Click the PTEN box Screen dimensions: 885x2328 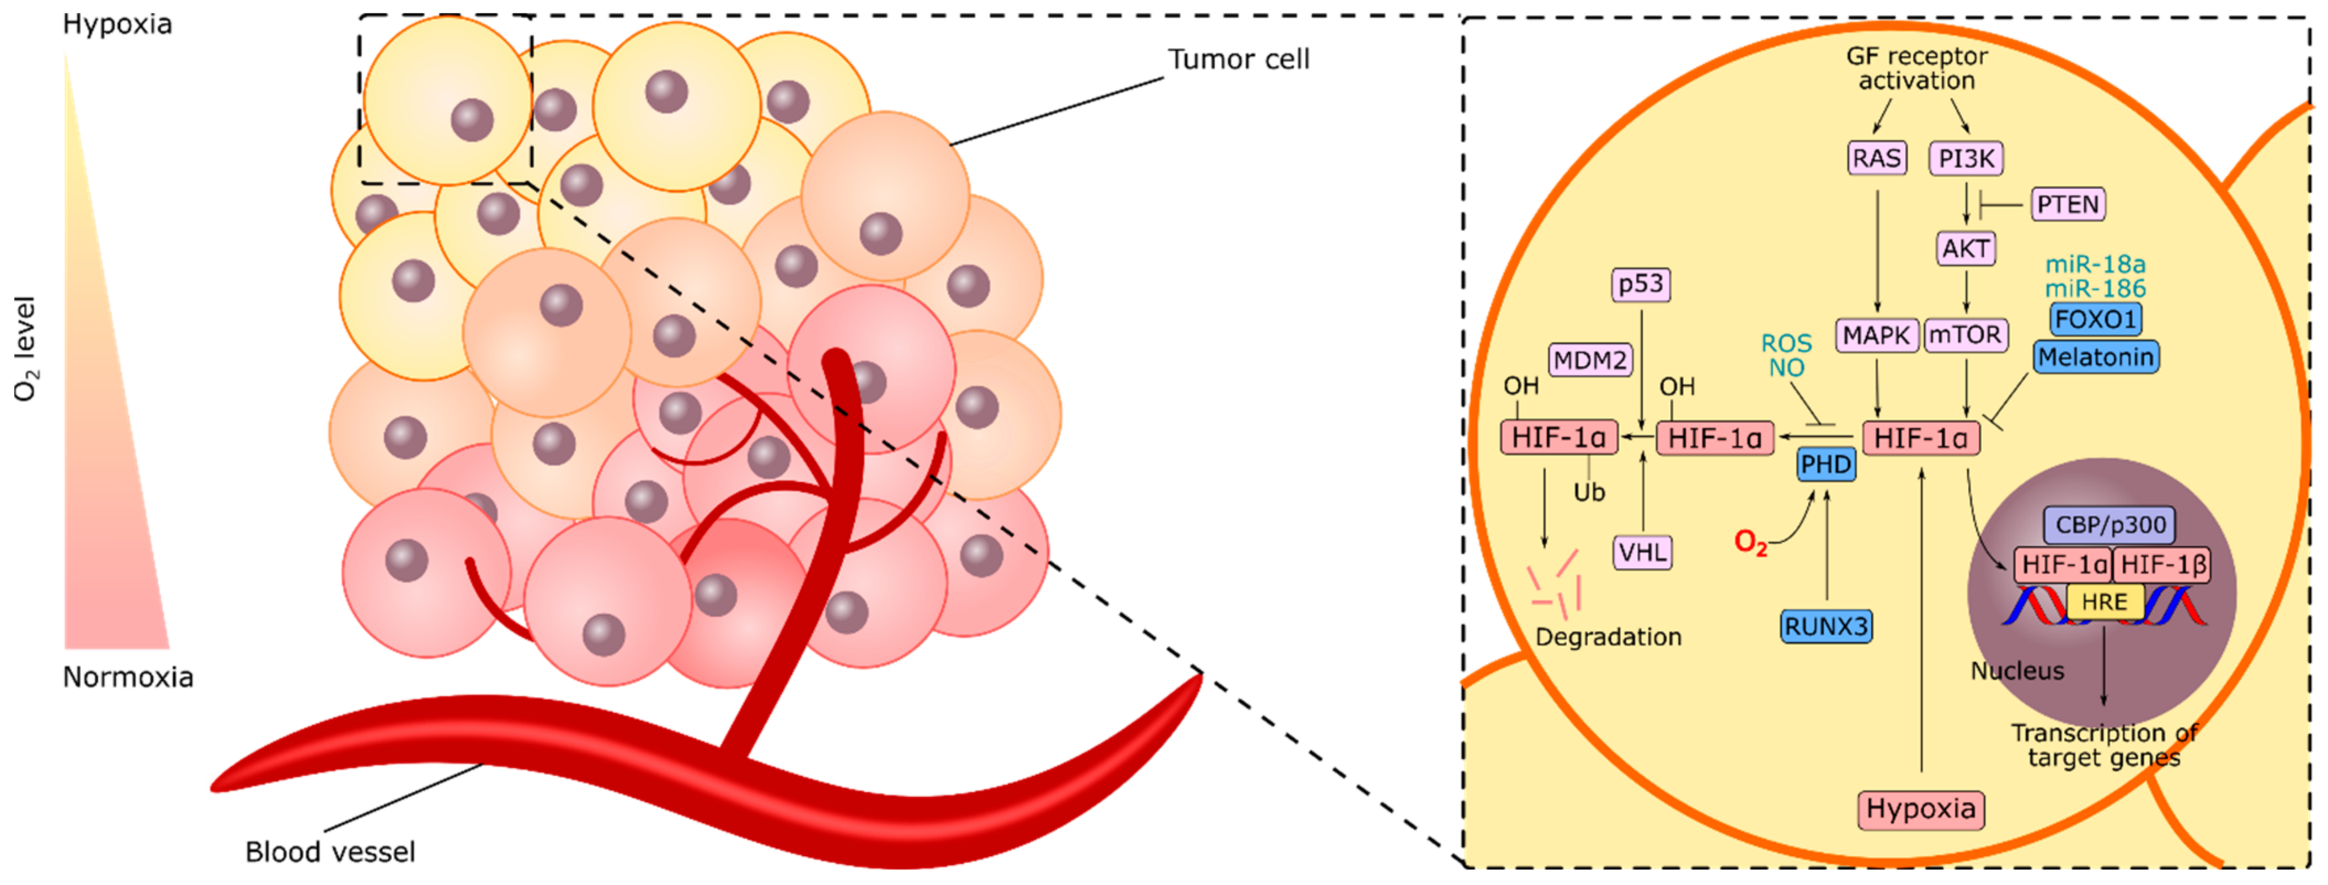coord(2068,204)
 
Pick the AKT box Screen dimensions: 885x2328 coord(1966,249)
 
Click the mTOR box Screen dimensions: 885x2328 coord(1966,335)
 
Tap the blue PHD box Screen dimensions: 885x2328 coord(1825,465)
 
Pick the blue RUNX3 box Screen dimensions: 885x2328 coord(1825,626)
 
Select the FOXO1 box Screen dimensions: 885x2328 coord(2095,319)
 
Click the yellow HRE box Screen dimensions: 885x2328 coord(2104,602)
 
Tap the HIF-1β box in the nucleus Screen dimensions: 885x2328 coord(2164,565)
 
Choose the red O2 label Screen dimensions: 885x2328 coord(1750,542)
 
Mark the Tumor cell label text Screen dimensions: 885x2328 coord(1238,60)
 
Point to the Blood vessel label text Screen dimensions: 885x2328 coord(330,851)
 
